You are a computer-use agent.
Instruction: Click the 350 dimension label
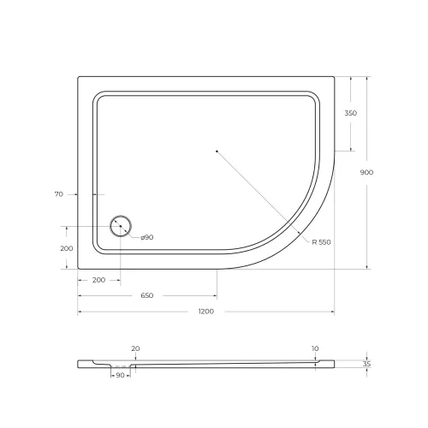pos(351,114)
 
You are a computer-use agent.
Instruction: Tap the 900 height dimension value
pos(366,172)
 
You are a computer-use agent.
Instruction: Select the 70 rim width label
pos(59,194)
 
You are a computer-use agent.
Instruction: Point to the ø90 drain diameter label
pos(146,237)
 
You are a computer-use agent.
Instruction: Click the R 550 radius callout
pos(321,242)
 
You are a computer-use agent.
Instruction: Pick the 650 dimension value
pos(146,295)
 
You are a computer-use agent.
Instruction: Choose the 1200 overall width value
pos(205,311)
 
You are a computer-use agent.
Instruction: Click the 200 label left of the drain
pos(66,247)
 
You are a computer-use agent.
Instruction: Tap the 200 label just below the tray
pos(98,280)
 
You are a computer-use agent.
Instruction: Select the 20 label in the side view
pos(135,348)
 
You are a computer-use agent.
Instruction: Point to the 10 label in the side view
pos(316,348)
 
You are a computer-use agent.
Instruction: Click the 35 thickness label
pos(366,364)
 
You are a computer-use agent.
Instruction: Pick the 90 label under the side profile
pos(120,375)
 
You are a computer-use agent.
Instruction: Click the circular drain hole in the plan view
pos(120,227)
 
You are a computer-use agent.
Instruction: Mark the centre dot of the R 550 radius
pos(217,152)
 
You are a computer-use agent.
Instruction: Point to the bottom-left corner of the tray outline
pos(79,269)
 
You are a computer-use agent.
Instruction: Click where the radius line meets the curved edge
pos(305,233)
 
